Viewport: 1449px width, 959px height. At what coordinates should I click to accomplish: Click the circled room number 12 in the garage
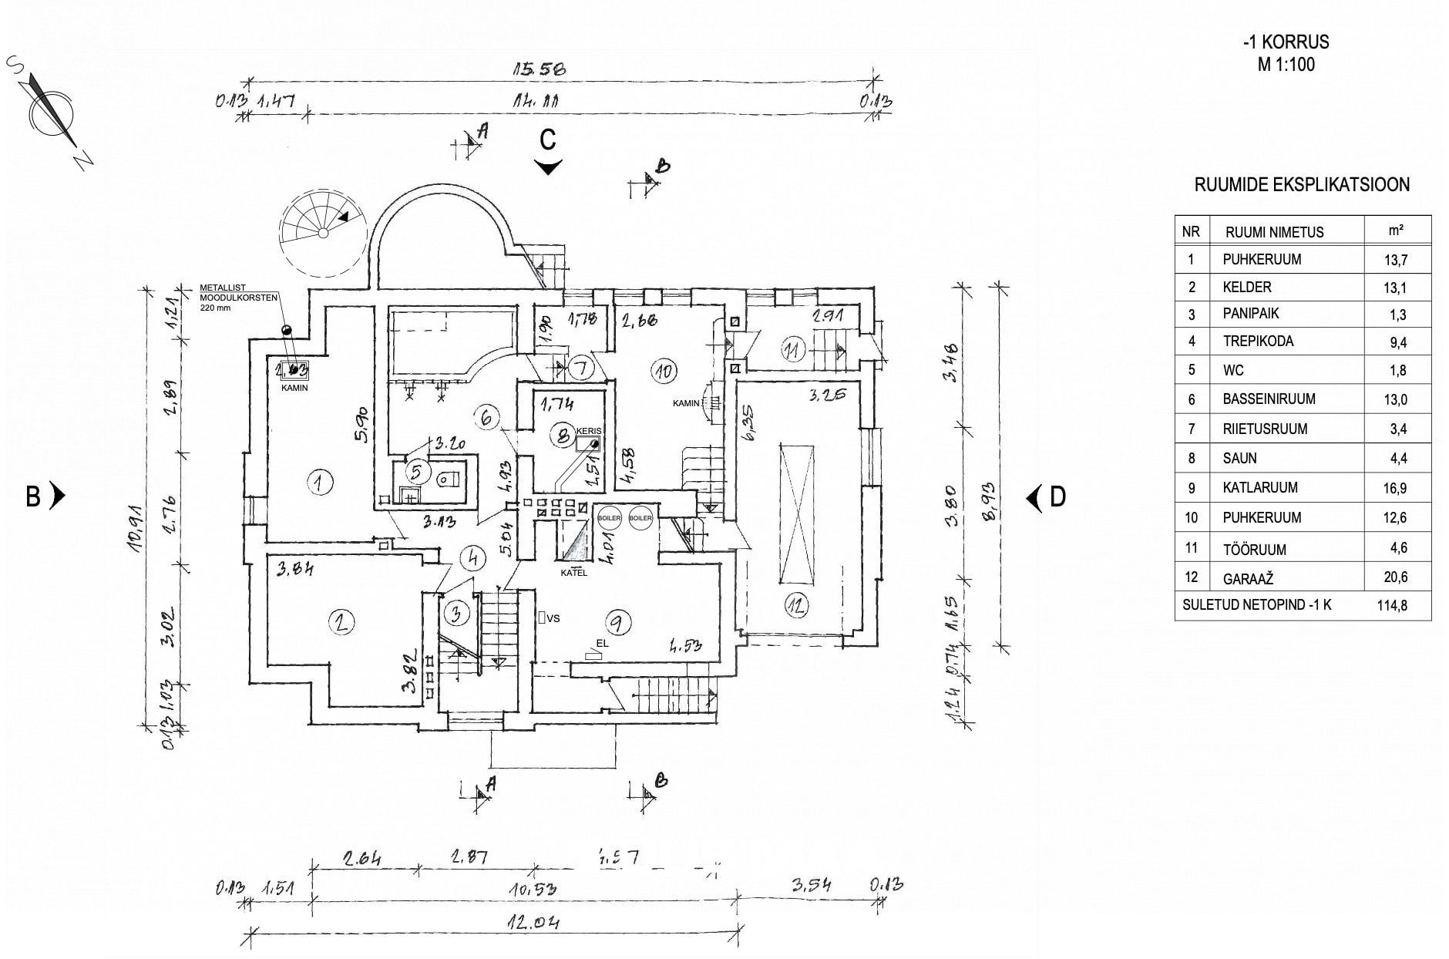(796, 605)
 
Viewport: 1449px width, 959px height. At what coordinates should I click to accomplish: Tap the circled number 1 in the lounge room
(318, 483)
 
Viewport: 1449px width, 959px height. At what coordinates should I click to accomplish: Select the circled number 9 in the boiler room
(619, 621)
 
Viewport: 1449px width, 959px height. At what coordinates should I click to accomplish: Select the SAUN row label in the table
(1239, 458)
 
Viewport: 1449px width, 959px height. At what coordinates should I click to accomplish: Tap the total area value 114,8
(1392, 605)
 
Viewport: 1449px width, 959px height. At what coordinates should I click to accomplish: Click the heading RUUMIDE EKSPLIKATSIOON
(1302, 185)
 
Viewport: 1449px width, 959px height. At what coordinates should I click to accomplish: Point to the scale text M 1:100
(1286, 65)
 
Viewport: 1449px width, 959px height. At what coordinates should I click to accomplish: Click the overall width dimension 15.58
(540, 69)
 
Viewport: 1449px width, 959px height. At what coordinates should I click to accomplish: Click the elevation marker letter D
(1057, 497)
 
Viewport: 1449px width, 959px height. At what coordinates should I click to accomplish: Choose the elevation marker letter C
(547, 140)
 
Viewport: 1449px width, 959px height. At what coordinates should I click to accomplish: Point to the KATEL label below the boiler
(573, 573)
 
